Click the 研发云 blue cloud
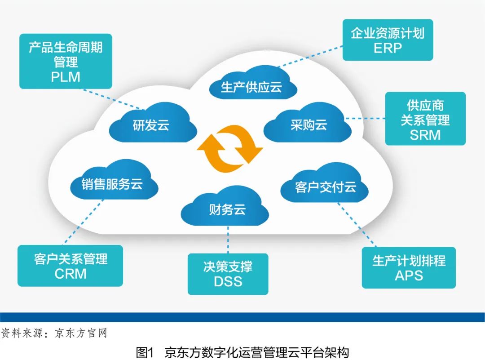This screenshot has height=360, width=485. point(152,125)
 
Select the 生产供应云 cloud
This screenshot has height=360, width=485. point(252,87)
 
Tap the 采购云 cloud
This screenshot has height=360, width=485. point(308,125)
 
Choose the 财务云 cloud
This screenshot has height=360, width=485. point(227,209)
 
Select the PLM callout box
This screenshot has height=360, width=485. point(66,61)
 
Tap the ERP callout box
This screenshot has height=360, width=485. point(388,40)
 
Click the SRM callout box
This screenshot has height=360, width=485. point(425,119)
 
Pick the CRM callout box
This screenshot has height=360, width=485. point(70,266)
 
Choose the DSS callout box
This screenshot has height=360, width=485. point(228,274)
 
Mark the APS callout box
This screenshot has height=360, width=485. point(409,267)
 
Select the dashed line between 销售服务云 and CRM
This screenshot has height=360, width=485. point(81,222)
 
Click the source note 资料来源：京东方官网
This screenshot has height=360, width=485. point(54,333)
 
